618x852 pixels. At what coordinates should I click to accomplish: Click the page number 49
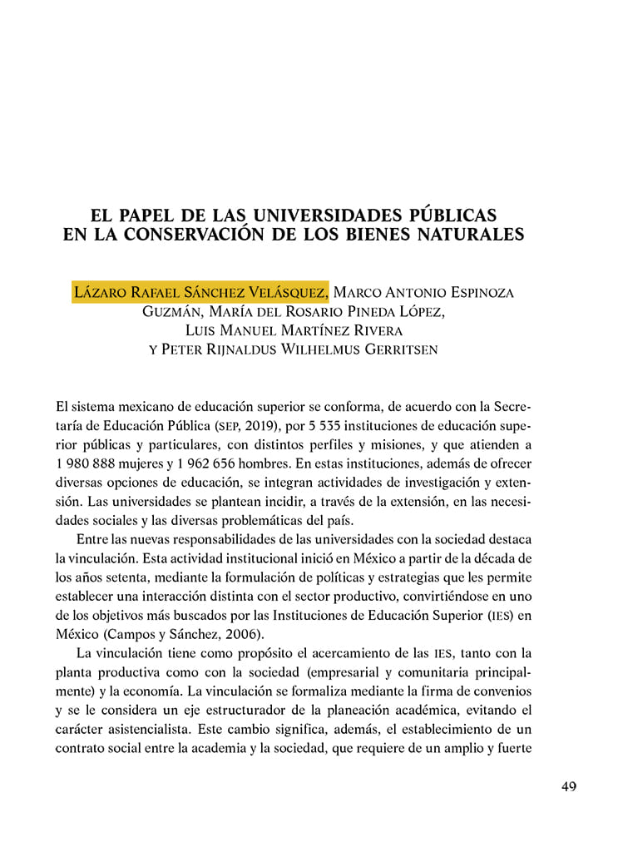click(x=569, y=787)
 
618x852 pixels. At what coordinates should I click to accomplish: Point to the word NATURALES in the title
click(x=473, y=234)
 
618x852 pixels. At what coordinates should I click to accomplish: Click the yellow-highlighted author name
click(x=200, y=293)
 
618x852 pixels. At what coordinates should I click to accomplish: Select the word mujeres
click(x=147, y=463)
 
